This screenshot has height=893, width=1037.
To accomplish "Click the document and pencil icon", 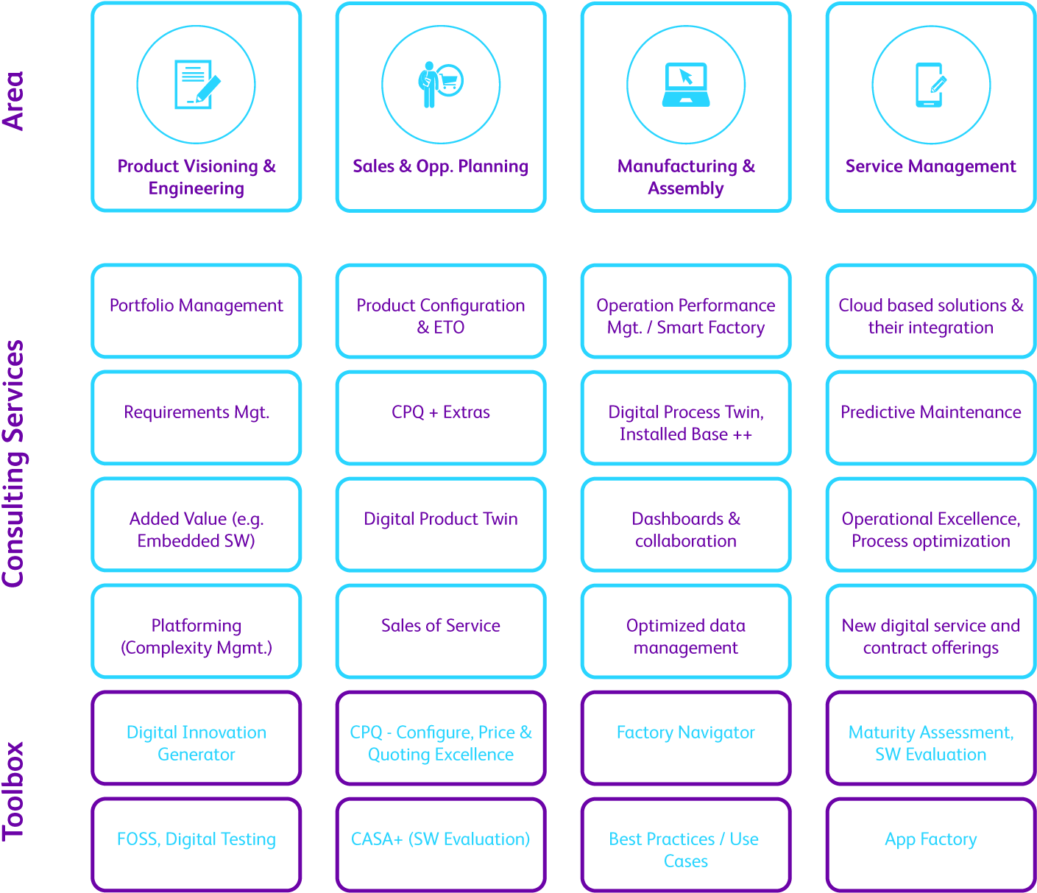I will pos(197,85).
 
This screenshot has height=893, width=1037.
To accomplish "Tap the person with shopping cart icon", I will pos(440,85).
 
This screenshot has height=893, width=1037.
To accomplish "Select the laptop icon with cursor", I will pos(686,85).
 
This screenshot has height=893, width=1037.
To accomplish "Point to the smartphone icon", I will pos(930,85).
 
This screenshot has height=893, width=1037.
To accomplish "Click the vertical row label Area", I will pos(13,101).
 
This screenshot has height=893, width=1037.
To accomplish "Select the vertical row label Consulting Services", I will pos(13,464).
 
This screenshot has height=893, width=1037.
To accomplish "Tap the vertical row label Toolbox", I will pos(13,791).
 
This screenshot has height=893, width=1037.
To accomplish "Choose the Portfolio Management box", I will pos(197,311).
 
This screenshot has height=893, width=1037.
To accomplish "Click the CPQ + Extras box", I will pos(441,417).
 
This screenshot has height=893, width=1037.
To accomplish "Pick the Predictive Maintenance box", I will pos(931,417).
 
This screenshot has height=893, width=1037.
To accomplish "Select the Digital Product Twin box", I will pos(441,524).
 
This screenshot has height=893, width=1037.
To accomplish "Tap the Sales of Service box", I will pos(441,631).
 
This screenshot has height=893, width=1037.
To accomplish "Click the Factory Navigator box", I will pos(686,738).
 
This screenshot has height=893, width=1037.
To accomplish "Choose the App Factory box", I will pos(931,844).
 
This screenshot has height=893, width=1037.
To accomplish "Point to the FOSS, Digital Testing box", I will pos(197,844).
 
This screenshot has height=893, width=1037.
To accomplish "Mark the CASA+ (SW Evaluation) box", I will pos(441,844).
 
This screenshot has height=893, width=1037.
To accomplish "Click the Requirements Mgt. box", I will pos(197,417).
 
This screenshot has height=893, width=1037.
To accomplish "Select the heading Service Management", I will pos(931,166).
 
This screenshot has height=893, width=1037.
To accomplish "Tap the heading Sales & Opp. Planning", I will pos(441,166).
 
